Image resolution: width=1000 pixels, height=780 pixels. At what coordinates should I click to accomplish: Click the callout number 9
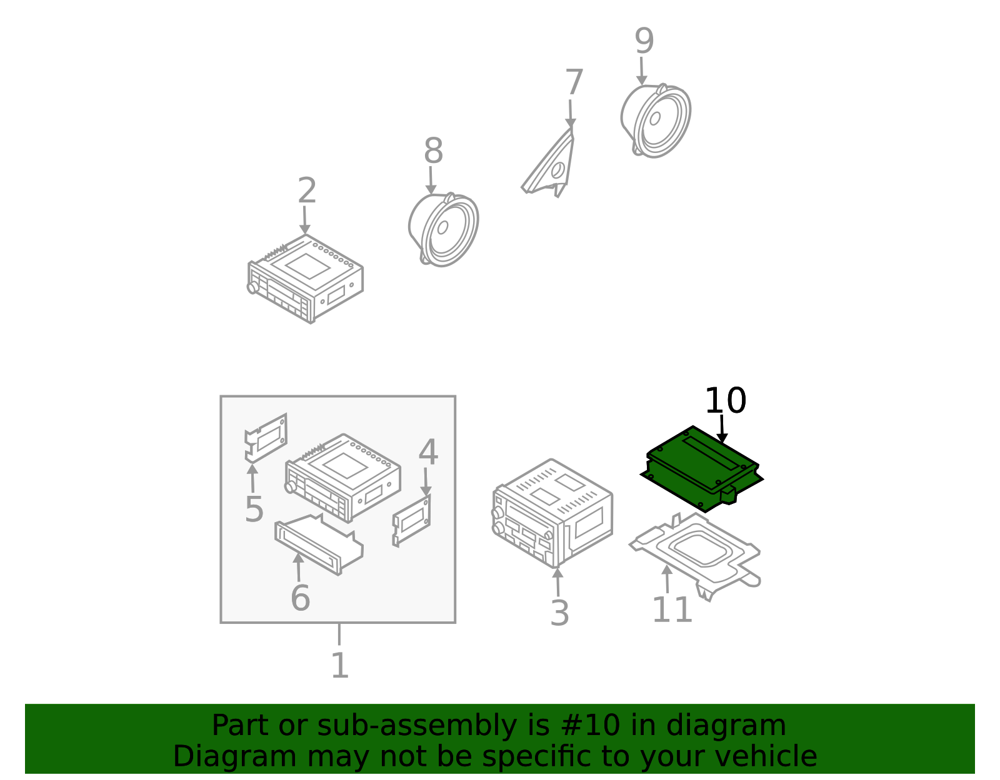[x=644, y=41]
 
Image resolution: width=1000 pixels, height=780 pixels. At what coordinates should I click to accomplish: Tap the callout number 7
[x=574, y=82]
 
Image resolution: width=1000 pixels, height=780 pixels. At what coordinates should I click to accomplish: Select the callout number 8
[x=433, y=151]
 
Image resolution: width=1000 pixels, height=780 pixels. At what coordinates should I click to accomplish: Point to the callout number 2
[x=307, y=190]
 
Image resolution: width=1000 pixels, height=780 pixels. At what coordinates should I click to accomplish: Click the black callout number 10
[x=725, y=400]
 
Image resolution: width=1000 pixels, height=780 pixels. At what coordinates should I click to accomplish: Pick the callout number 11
[x=672, y=610]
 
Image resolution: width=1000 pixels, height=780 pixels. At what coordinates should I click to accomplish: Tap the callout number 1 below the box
[x=340, y=665]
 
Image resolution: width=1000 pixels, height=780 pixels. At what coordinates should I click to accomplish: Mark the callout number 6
[x=301, y=598]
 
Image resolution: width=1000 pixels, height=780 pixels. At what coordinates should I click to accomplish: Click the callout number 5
[x=254, y=509]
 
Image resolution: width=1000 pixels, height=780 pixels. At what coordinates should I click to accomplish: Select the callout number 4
[x=428, y=452]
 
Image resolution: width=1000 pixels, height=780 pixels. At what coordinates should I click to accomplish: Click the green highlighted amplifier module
[x=701, y=468]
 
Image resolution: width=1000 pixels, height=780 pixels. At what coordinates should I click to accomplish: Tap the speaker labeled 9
[x=656, y=121]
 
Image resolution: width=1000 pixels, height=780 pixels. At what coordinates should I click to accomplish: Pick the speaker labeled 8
[x=444, y=229]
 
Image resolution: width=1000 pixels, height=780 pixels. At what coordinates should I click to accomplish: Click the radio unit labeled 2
[x=306, y=279]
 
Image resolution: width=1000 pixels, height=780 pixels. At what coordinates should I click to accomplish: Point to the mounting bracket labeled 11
[x=695, y=556]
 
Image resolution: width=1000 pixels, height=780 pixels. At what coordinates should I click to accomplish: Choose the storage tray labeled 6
[x=319, y=545]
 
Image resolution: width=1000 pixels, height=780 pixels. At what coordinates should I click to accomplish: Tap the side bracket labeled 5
[x=266, y=438]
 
